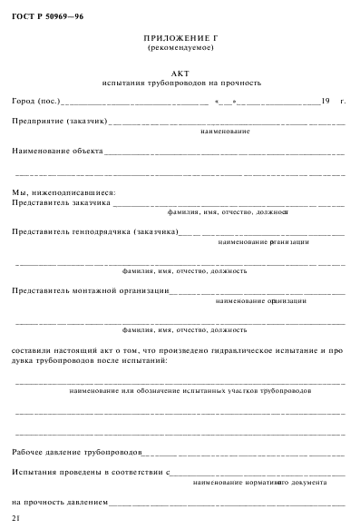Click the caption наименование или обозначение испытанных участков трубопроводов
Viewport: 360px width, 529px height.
(190, 390)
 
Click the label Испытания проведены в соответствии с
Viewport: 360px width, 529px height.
(92, 472)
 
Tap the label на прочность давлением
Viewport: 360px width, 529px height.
(59, 501)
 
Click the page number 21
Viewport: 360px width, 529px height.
(15, 517)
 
